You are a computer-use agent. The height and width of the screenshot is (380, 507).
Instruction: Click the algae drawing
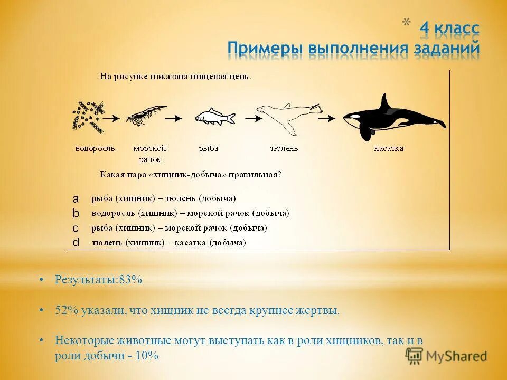[x=87, y=115]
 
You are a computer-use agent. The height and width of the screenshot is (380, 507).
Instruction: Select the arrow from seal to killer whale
[x=327, y=118]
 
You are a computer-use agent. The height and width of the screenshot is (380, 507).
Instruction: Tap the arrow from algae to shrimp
[x=111, y=118]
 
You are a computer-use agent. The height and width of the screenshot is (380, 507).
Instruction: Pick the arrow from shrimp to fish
[x=174, y=118]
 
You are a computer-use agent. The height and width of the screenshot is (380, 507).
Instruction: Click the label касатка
[x=389, y=148]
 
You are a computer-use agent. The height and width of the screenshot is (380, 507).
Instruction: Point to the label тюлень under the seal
[x=284, y=148]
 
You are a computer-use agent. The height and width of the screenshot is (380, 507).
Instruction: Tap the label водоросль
[x=95, y=148]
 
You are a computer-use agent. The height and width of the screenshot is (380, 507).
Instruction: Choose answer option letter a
[x=76, y=198]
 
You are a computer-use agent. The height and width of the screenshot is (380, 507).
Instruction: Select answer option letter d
[x=76, y=243]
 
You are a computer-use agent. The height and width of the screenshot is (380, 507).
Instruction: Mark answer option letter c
[x=76, y=228]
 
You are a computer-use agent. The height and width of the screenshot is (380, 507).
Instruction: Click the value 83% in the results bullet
[x=130, y=280]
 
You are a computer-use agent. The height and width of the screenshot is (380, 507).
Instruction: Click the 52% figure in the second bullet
[x=67, y=310]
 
